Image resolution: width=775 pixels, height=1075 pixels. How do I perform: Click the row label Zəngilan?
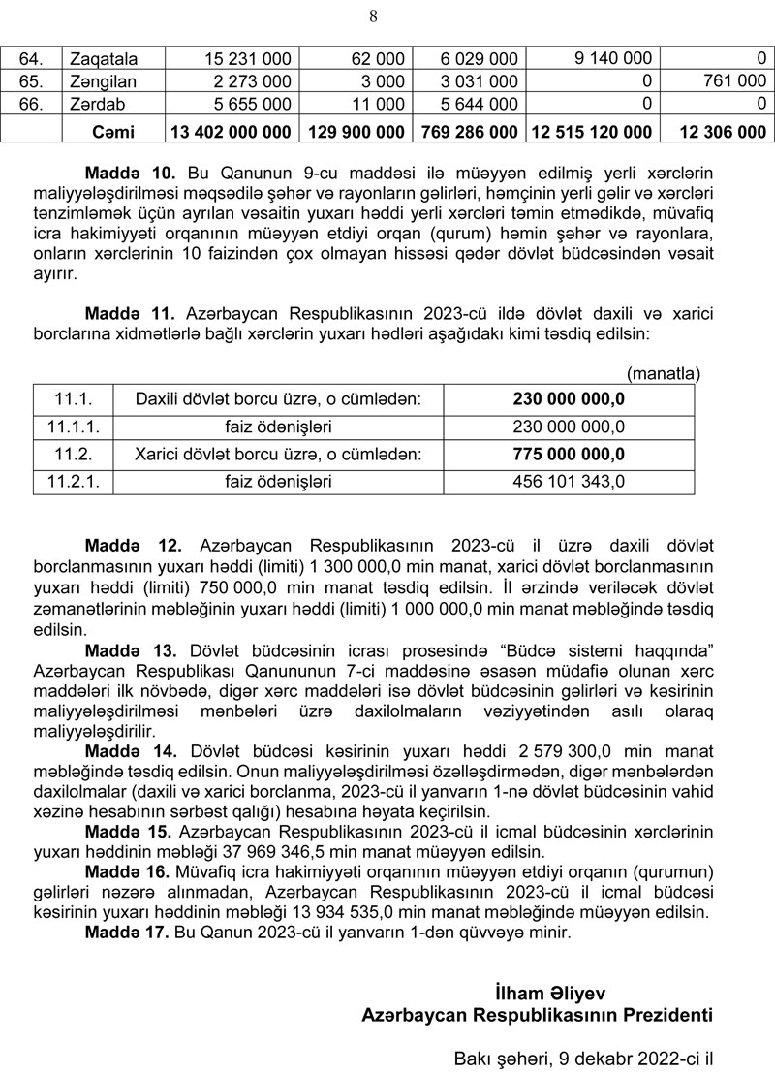coord(103,81)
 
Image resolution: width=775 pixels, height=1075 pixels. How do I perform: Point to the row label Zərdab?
coord(97,104)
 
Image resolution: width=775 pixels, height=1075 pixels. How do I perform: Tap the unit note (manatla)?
coord(664,372)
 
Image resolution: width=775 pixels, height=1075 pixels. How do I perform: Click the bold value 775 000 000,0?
coord(569,454)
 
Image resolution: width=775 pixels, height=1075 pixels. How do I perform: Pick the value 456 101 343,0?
coord(569,481)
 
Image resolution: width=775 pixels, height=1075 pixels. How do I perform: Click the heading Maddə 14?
coord(131,751)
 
